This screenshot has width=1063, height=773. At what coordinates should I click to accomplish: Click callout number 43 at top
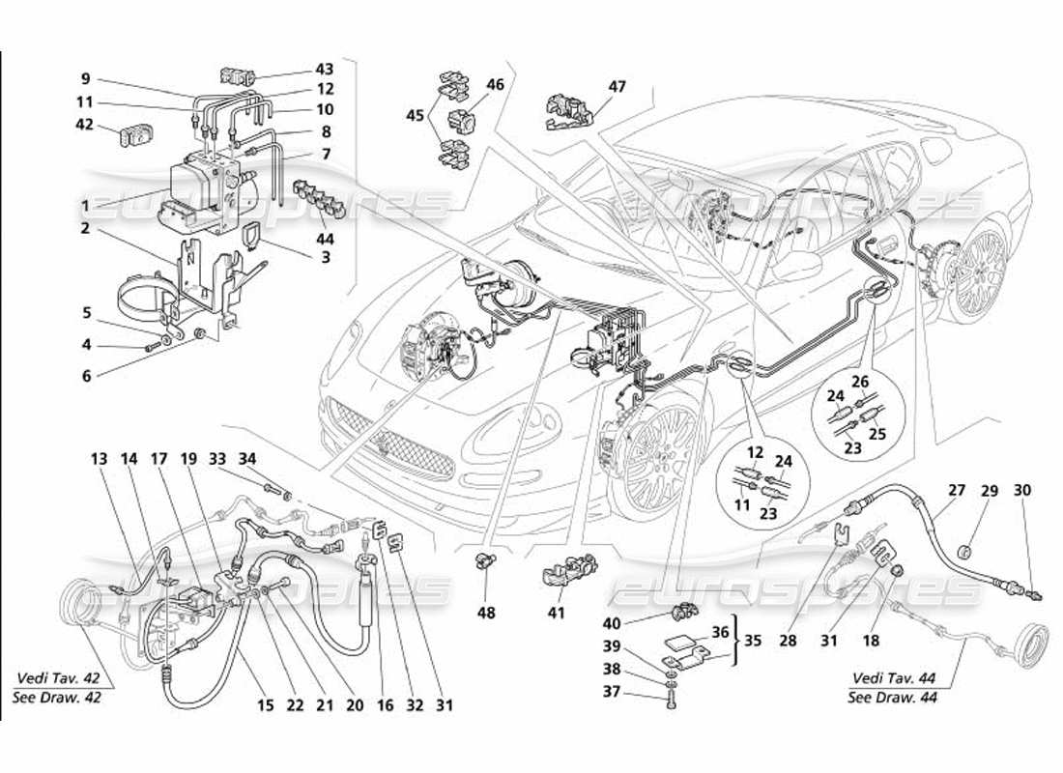(324, 69)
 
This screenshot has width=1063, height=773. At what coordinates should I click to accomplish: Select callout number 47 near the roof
(617, 87)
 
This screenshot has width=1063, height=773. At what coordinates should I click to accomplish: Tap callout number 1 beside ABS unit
(86, 206)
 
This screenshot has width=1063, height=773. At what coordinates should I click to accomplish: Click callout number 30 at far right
(1022, 491)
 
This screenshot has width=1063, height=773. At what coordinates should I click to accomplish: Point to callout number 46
(496, 85)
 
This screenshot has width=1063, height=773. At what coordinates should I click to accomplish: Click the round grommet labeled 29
(963, 552)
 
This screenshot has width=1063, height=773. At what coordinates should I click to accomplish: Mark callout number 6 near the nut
(86, 376)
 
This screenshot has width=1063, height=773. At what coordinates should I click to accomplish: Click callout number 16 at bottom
(387, 706)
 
